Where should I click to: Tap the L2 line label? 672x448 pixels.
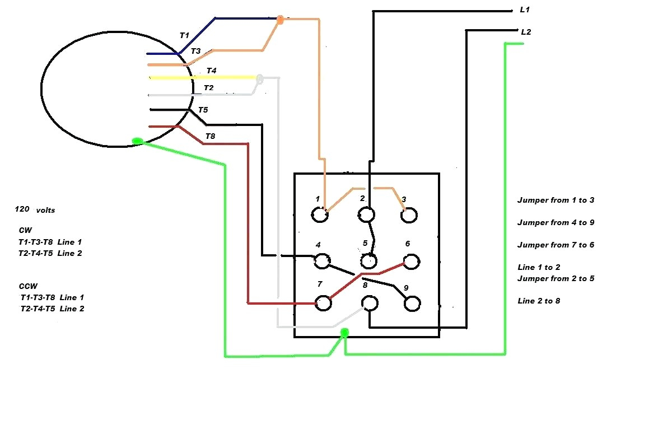[525, 32]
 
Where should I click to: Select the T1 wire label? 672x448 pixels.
[184, 35]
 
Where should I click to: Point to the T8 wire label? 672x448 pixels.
[210, 136]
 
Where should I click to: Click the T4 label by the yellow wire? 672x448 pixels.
[211, 71]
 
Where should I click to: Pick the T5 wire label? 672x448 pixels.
[203, 110]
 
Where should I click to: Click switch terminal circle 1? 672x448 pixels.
[320, 215]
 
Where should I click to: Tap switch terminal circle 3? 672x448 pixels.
[409, 215]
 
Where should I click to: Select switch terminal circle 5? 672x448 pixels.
[368, 260]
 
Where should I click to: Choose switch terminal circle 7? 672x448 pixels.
[323, 303]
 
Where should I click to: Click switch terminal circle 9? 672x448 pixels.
[412, 304]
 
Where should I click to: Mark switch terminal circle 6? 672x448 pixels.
[412, 261]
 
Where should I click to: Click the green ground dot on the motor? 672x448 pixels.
[137, 141]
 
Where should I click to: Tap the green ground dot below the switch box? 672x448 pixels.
[344, 333]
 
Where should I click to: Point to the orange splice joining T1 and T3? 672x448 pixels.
[280, 20]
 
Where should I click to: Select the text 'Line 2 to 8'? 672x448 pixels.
[539, 301]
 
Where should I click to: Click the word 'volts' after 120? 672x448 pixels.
[45, 211]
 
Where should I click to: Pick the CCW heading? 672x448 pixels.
[27, 286]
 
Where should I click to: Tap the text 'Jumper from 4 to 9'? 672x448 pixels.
[556, 222]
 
